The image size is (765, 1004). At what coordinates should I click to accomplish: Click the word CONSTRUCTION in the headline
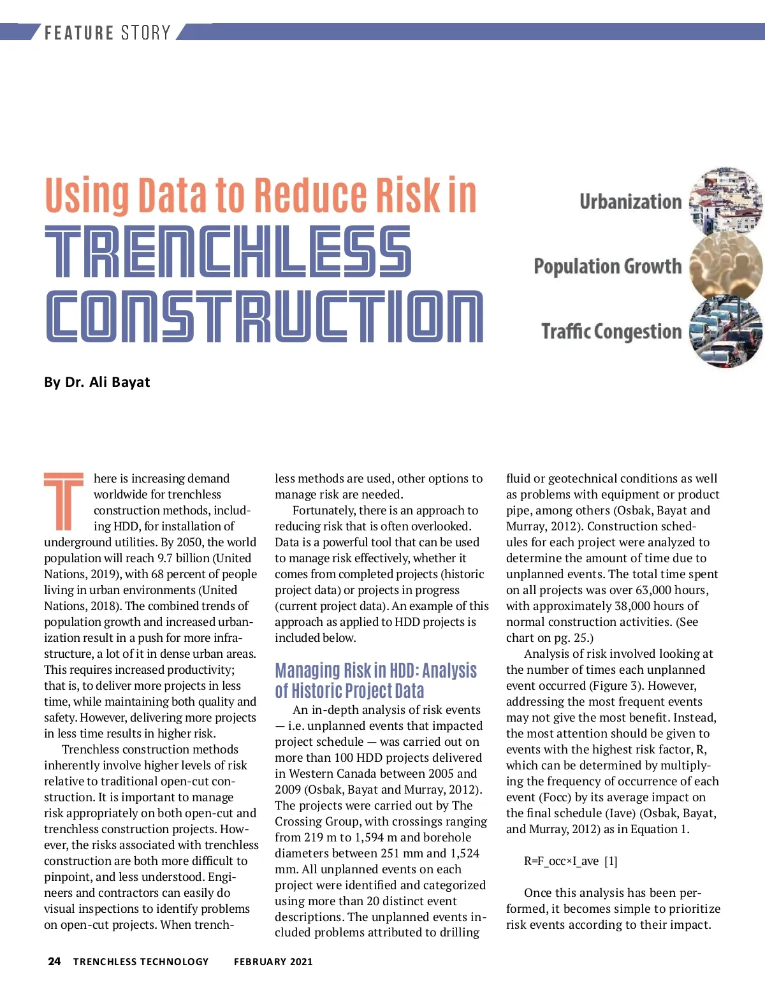point(265,317)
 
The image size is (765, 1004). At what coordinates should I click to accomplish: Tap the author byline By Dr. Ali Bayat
point(97,382)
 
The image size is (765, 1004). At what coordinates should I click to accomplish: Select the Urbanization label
point(630,202)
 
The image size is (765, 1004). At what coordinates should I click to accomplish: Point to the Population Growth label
point(607,266)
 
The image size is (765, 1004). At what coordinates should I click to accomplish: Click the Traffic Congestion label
point(611,331)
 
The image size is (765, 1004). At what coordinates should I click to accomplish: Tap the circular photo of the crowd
point(726,266)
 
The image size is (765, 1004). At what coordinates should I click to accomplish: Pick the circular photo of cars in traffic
point(726,333)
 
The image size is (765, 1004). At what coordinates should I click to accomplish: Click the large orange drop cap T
point(64,502)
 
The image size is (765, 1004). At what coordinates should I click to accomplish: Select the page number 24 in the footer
point(54,961)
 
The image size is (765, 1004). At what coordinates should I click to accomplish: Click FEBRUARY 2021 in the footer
point(273,962)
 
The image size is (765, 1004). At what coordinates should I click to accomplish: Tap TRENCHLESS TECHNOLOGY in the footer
point(141,962)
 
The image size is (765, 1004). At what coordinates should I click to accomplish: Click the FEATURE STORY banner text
point(107,33)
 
